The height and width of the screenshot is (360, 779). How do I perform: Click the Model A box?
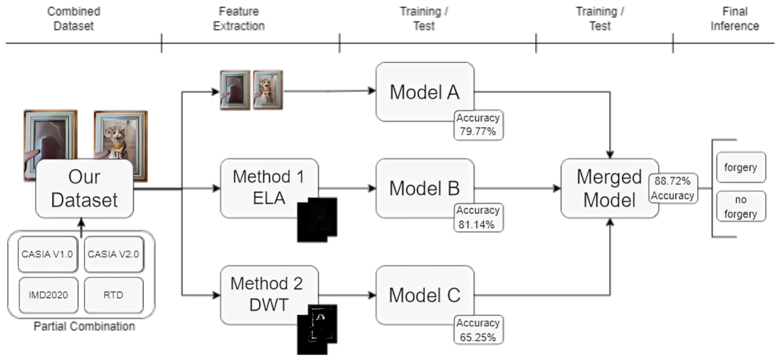425,92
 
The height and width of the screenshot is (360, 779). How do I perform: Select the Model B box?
425,188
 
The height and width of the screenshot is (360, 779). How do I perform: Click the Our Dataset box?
84,188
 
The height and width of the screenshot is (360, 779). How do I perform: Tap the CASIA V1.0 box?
47,254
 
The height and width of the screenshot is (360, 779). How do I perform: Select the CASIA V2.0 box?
113,254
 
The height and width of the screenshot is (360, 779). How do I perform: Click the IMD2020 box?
48,295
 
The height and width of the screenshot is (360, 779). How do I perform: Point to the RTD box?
113,295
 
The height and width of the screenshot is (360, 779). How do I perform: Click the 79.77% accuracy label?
478,125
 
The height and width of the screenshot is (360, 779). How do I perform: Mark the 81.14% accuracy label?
478,217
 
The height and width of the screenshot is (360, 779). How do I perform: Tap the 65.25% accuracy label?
478,330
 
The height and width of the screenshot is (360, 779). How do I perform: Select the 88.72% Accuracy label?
673,188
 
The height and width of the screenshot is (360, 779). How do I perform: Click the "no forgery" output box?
741,206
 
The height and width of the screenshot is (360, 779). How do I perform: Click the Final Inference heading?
735,19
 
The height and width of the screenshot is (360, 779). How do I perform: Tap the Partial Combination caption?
84,326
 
